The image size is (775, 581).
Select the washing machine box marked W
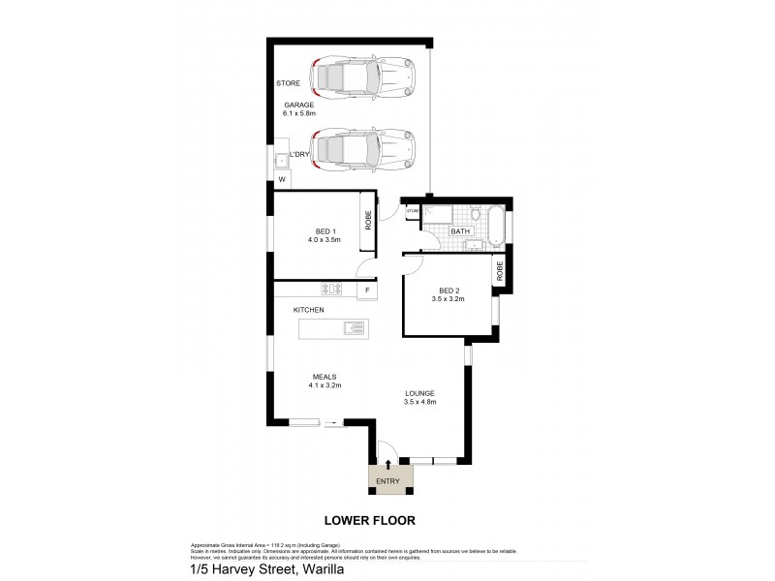(282, 179)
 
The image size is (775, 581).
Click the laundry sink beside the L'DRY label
(281, 158)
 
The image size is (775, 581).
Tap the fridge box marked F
(367, 290)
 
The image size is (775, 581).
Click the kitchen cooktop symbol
(332, 289)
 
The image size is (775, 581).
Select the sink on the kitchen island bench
(354, 328)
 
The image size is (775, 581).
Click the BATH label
(459, 230)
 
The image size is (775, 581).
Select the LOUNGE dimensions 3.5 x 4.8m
(419, 402)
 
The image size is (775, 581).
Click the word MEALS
(324, 377)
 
